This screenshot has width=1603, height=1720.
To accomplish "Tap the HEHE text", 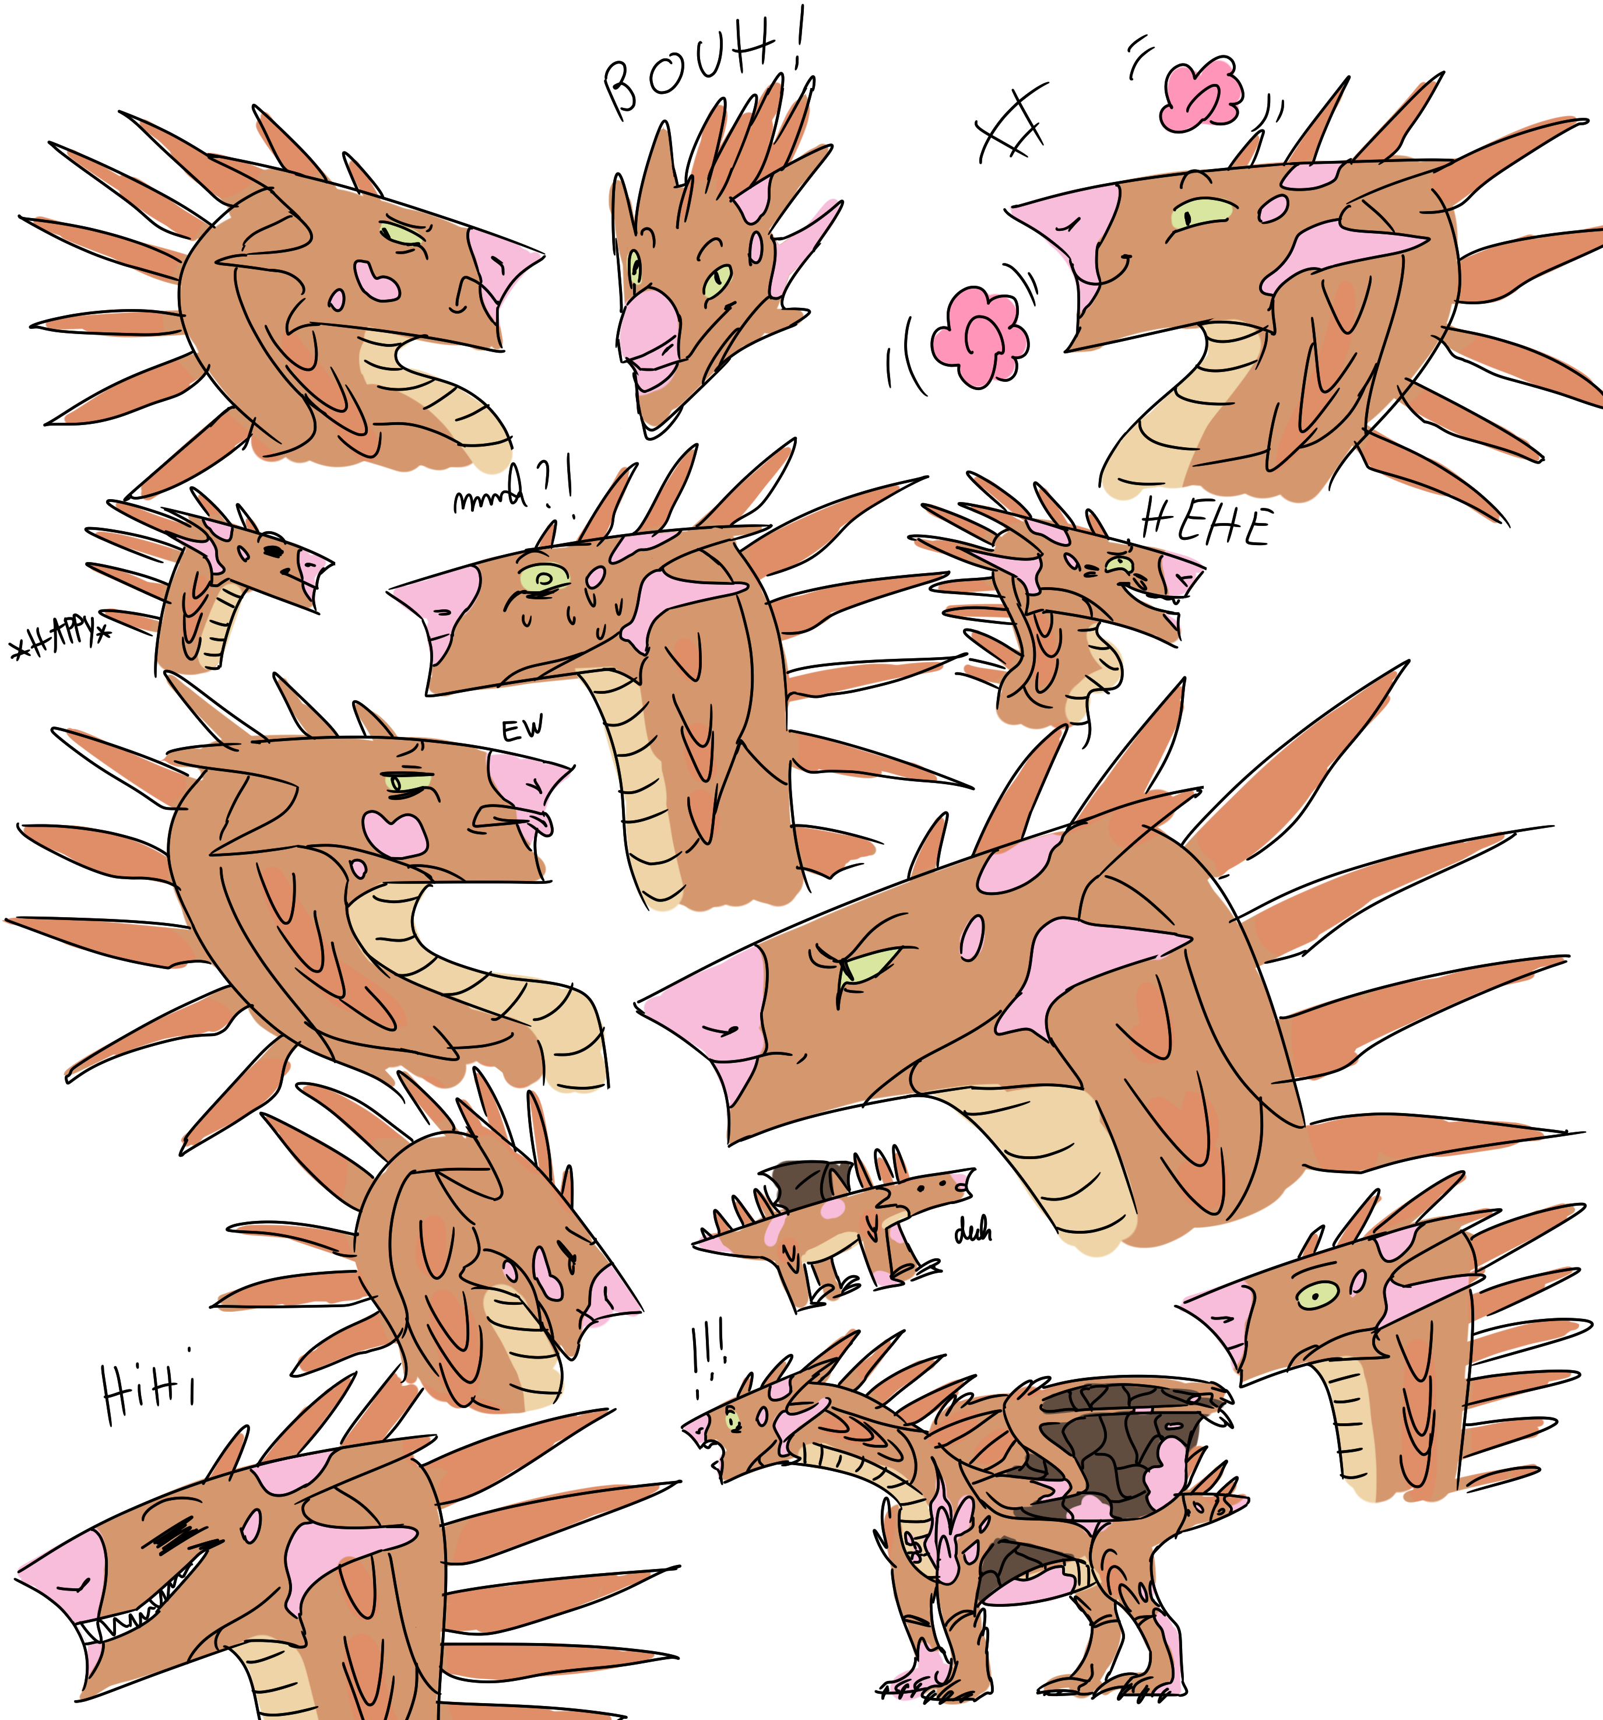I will tap(1206, 524).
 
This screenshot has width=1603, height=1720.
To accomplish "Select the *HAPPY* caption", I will tap(61, 640).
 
